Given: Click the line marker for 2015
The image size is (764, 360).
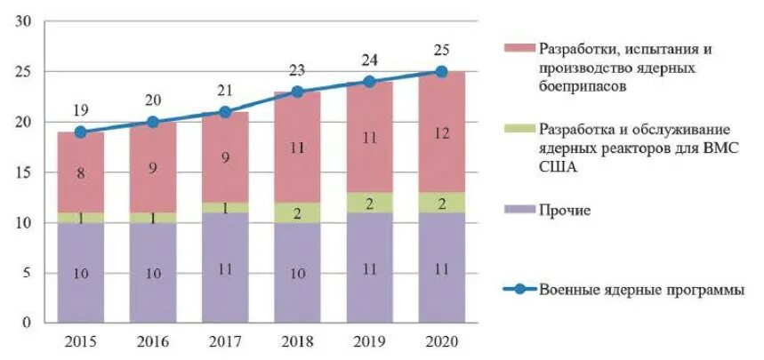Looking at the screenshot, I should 81,132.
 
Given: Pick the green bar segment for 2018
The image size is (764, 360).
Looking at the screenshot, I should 297,212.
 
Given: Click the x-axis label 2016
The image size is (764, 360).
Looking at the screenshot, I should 153,340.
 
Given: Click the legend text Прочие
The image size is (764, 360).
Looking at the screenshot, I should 566,210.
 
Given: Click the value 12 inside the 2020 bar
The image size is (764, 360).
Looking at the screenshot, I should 441,132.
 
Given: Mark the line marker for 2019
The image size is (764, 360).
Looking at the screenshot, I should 369,81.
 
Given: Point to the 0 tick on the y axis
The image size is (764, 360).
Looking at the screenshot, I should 28,322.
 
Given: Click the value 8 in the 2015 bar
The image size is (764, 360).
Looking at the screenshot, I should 81,174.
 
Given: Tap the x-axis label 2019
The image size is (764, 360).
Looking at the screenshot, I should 369,340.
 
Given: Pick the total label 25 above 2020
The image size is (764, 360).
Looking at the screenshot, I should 441,49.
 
